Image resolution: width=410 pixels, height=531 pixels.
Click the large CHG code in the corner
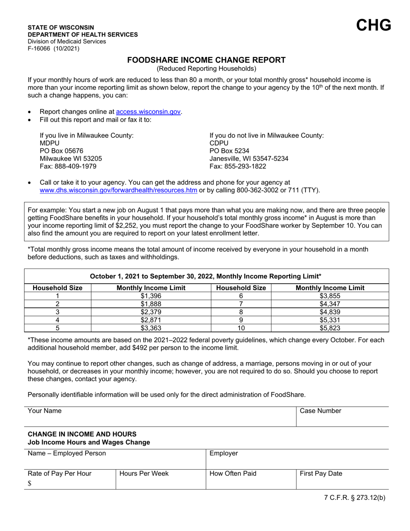(374, 25)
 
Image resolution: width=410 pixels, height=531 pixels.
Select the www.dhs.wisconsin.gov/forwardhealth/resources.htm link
(119, 190)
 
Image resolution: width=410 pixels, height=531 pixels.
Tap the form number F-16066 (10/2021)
(54, 48)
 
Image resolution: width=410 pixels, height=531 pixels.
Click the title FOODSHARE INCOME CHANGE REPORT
(206, 60)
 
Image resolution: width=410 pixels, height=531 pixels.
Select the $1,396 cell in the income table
(151, 296)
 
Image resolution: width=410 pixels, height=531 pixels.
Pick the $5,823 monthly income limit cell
(330, 328)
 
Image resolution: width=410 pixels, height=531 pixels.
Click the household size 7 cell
(241, 304)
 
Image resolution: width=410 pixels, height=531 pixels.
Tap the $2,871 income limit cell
(151, 320)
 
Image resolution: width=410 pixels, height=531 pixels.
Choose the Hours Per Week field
(161, 481)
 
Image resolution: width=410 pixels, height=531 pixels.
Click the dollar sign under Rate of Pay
(30, 484)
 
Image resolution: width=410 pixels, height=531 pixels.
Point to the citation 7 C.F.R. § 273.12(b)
(354, 497)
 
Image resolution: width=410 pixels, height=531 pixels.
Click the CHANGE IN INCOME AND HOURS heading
(82, 434)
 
